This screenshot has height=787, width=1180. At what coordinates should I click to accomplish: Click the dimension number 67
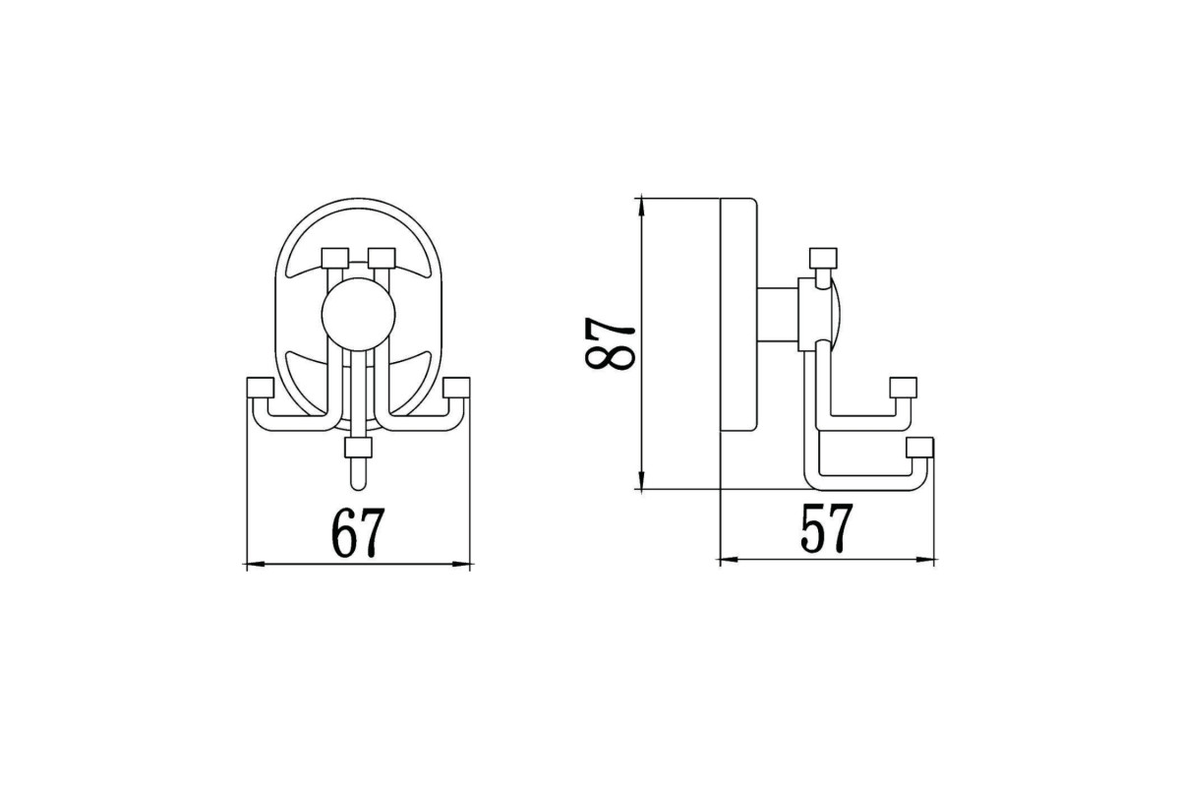tap(358, 533)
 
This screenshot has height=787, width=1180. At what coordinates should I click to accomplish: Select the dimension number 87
tap(610, 343)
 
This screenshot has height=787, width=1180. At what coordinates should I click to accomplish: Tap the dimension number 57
tap(826, 528)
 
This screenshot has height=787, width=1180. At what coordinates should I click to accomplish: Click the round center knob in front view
tap(358, 314)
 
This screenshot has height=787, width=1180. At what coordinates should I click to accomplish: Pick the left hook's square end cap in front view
tap(261, 388)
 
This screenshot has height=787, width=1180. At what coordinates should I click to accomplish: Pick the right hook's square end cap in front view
tap(456, 388)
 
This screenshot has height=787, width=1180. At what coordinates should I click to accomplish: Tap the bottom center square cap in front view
tap(358, 448)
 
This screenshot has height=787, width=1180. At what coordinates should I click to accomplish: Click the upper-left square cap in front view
tap(335, 258)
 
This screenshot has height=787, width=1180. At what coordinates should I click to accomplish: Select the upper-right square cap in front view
tap(382, 258)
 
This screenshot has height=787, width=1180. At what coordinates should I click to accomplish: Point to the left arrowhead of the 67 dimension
tap(255, 565)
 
